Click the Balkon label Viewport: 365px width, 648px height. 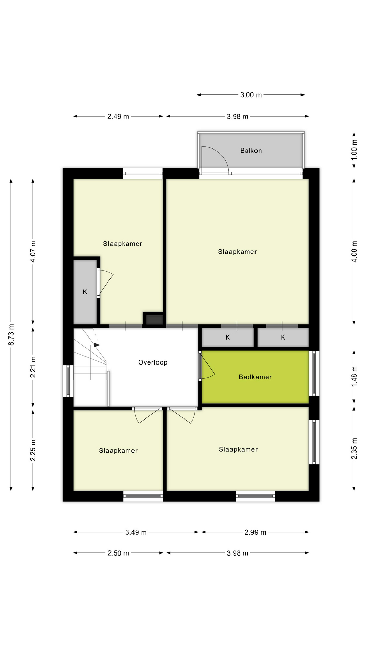tap(251, 151)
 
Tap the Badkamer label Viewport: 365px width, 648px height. tap(255, 377)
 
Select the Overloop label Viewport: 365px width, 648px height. tap(153, 362)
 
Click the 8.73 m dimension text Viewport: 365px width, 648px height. tap(11, 334)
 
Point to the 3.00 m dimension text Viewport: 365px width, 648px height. tap(251, 95)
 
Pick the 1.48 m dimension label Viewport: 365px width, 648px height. tap(354, 377)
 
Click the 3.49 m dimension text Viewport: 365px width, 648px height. tap(136, 532)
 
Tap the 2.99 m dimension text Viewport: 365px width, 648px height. tap(255, 532)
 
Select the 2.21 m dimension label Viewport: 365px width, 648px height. tap(33, 367)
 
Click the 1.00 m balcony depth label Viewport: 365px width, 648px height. tap(354, 150)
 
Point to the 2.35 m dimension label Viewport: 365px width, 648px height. tap(354, 449)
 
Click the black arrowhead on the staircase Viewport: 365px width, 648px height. tap(97, 345)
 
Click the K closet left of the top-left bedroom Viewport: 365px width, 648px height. tap(85, 292)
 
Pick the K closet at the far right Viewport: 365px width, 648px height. tap(283, 337)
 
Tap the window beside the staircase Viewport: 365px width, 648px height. tap(68, 381)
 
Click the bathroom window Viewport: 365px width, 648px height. tap(314, 373)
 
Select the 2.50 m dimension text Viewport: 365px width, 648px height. tap(118, 553)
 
